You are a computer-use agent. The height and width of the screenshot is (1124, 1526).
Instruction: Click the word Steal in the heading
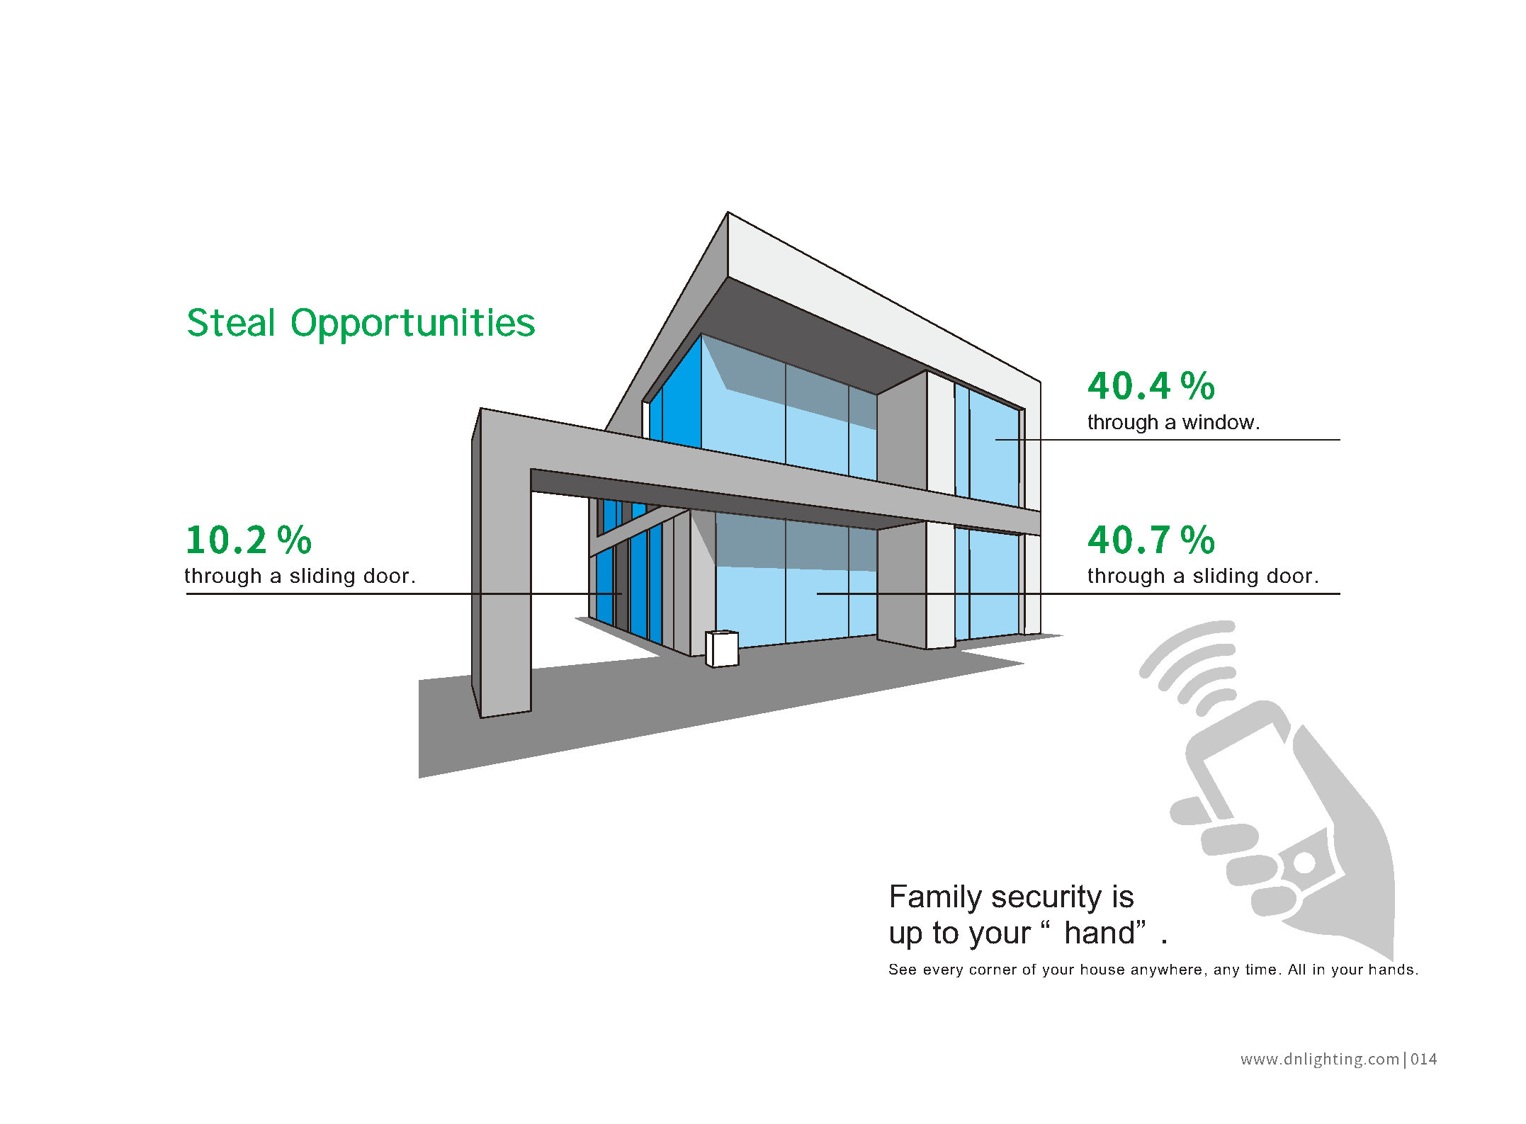point(231,323)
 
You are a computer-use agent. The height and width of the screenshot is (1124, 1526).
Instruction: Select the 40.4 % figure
point(1151,387)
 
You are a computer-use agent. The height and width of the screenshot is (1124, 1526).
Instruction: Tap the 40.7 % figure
point(1151,540)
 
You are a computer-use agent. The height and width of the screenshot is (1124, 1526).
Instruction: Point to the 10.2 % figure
point(249,540)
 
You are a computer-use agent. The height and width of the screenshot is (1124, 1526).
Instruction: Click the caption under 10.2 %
point(300,576)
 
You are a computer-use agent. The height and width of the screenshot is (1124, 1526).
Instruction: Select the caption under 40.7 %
point(1203,576)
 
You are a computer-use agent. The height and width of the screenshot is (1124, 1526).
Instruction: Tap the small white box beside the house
point(722,648)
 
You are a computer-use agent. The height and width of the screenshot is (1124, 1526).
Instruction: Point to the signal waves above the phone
point(1187,666)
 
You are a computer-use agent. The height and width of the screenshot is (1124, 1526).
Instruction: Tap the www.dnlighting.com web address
point(1320,1060)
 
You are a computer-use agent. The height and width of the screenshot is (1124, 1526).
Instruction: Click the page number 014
point(1424,1060)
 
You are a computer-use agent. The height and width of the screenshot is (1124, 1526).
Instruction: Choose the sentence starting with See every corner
point(1153,970)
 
